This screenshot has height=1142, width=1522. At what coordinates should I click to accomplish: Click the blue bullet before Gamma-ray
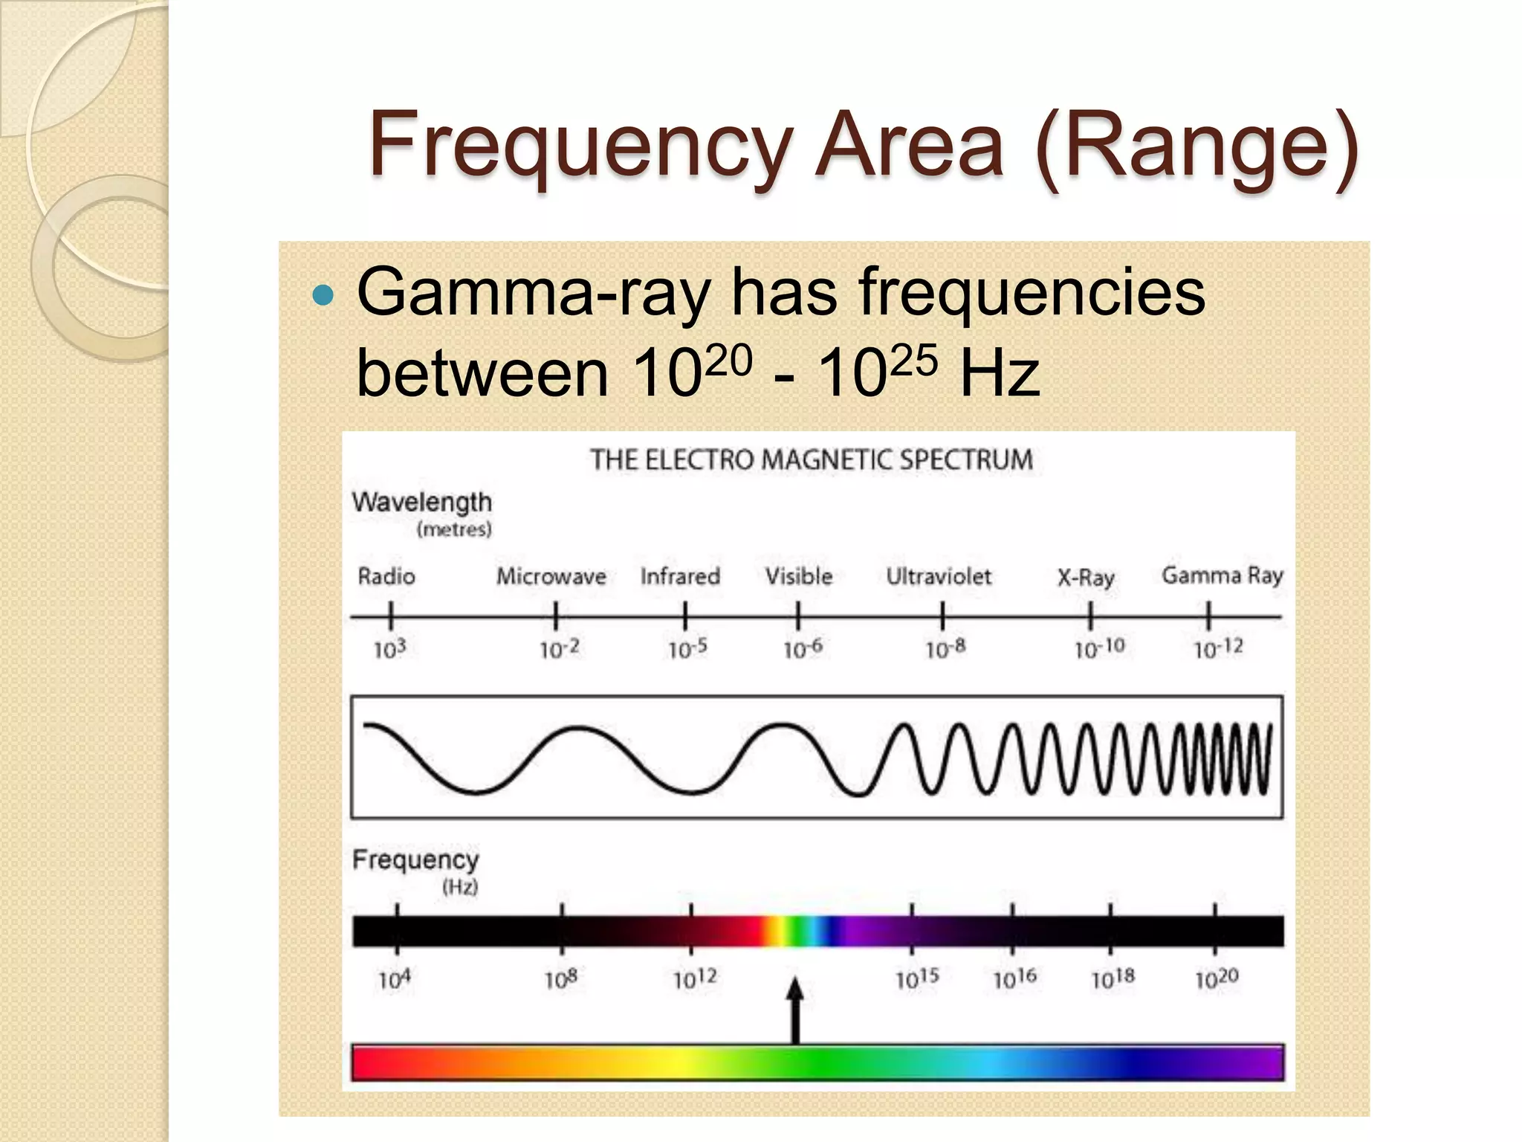[324, 296]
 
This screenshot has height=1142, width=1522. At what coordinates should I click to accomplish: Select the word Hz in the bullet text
[999, 374]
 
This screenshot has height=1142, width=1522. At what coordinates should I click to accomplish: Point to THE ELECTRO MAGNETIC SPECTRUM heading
[812, 459]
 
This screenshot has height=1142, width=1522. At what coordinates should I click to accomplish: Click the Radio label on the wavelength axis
[386, 576]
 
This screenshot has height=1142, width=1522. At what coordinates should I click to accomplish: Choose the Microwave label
[551, 576]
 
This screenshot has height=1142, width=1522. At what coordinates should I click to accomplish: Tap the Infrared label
[680, 576]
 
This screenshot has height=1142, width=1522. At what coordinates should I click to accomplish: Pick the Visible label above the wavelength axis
[799, 576]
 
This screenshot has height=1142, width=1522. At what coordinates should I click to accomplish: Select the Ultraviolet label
[939, 576]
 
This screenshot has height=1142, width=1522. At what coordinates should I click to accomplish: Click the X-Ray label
[1086, 578]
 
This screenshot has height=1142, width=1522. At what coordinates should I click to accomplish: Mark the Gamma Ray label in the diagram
[1223, 575]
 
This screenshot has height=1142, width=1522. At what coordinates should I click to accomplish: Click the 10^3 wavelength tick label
[389, 649]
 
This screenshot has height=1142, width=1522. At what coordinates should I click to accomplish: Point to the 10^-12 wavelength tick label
[1218, 648]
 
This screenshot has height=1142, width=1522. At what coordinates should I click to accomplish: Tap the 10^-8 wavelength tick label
[945, 649]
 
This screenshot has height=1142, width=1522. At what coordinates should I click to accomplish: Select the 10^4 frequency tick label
[394, 979]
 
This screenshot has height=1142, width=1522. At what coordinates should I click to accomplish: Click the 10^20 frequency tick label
[1217, 978]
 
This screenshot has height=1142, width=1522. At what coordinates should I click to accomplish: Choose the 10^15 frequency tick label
[917, 978]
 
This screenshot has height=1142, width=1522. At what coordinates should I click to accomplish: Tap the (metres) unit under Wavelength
[454, 529]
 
